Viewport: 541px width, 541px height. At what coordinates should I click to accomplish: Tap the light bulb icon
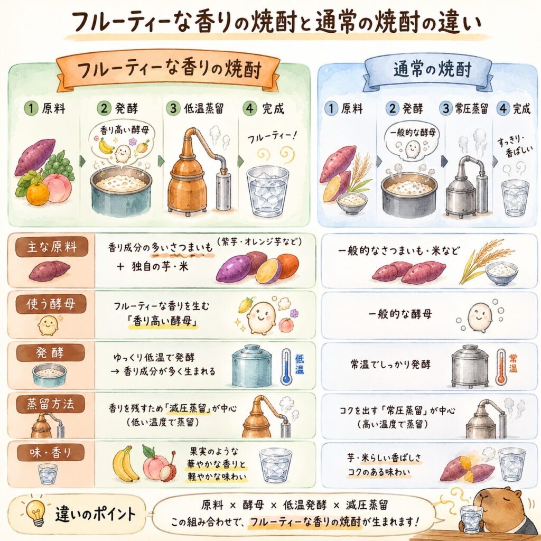[36, 512]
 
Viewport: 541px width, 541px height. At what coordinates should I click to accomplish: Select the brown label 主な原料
[51, 247]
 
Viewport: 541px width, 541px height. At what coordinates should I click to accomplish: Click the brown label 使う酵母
[51, 304]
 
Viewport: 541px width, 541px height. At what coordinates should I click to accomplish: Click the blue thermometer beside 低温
[286, 367]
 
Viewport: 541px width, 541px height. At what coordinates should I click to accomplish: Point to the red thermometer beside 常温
[501, 367]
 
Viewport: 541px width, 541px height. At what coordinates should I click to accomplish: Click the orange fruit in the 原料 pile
[38, 194]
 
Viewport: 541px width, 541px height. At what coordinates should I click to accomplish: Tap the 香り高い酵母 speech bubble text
[125, 130]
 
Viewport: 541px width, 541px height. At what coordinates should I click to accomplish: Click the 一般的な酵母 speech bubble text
[413, 133]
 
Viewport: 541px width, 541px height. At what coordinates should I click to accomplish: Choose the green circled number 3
[173, 108]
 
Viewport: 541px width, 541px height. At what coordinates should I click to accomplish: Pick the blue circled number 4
[503, 109]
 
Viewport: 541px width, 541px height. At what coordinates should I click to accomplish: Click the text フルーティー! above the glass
[272, 137]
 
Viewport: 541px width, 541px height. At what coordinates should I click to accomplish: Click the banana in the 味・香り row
[126, 464]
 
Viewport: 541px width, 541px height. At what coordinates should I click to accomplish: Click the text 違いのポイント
[96, 514]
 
